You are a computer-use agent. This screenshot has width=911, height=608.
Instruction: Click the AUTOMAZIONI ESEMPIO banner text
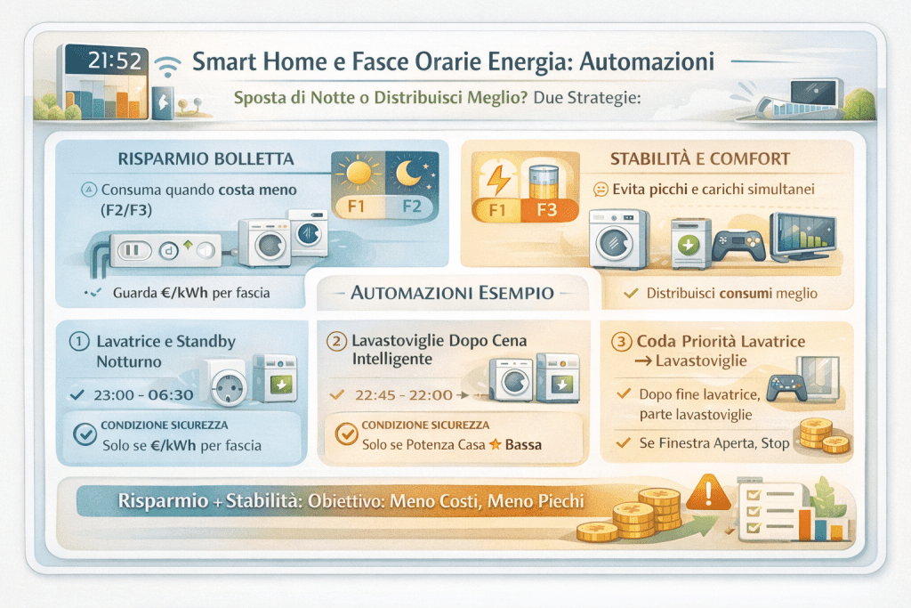tap(454, 292)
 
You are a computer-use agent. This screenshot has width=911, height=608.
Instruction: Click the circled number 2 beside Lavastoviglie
tap(337, 341)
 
